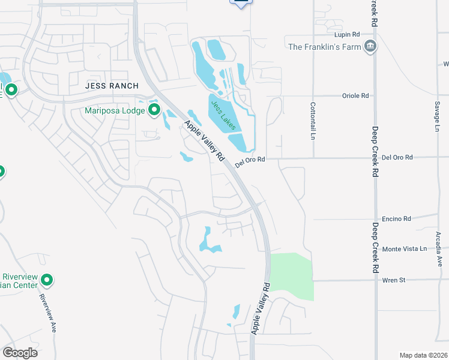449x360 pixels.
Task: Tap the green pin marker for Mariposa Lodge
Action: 154,109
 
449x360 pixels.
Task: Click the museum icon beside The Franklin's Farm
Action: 370,46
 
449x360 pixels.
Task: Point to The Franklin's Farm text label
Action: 325,47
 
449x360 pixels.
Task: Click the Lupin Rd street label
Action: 348,34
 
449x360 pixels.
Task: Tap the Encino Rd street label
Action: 397,219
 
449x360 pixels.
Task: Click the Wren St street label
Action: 394,280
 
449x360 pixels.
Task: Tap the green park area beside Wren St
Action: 292,277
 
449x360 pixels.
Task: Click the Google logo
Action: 20,352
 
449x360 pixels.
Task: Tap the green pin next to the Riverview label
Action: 47,280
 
